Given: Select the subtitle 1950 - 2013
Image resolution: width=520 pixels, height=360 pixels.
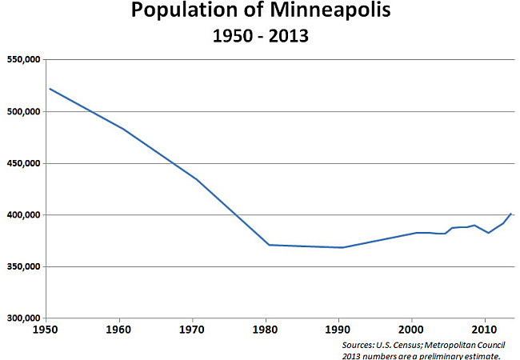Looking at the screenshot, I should point(261,37).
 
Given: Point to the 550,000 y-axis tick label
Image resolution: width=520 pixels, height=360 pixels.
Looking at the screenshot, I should point(24,60).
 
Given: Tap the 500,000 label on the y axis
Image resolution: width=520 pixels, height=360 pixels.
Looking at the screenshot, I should point(24,112).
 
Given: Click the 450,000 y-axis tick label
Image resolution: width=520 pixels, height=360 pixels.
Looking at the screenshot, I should point(24,163).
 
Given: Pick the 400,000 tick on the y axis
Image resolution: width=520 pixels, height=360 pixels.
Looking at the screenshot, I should point(24,215).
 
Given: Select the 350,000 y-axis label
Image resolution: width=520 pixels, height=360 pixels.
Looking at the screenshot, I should point(24,266).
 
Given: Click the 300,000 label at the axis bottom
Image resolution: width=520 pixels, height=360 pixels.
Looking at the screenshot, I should point(24,318).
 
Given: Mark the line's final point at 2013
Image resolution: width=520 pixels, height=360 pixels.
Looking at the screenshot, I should point(511,214).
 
